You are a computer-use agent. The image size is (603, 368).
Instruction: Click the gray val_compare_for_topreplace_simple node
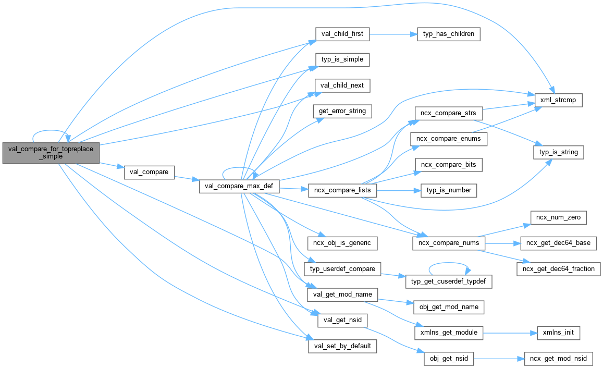(51, 152)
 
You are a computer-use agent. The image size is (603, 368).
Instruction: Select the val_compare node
(149, 172)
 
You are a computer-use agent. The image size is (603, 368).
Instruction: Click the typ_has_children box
(449, 34)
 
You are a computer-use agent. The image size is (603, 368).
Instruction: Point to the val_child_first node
(342, 34)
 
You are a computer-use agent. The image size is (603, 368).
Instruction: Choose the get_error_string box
(342, 111)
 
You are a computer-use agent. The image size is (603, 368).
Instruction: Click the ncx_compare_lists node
(342, 190)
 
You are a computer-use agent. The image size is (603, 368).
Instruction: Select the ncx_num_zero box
(558, 217)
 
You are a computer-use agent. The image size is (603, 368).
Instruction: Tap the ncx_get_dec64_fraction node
(559, 268)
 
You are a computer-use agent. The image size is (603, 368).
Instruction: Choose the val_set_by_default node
(342, 345)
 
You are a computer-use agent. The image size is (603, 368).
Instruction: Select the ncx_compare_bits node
(448, 165)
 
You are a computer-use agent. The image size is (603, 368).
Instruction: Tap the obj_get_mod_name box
(448, 307)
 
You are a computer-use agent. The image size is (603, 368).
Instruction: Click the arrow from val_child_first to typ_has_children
(393, 34)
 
